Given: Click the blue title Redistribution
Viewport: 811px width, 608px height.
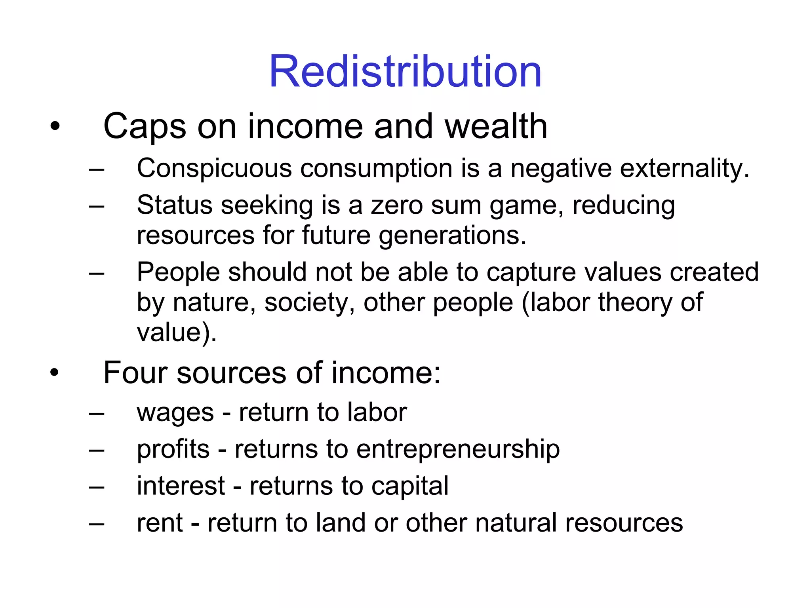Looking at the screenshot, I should coord(405,72).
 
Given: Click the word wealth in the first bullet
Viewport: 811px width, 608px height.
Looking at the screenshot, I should coord(496,127).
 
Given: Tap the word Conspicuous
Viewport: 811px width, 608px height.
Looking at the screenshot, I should coord(214,169).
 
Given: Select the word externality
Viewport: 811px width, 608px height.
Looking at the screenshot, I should coord(684,169).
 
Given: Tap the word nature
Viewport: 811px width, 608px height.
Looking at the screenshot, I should coord(214,303).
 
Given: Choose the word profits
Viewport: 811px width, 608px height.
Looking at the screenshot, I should coord(173,450).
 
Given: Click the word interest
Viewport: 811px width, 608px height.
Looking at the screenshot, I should coord(181,486).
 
